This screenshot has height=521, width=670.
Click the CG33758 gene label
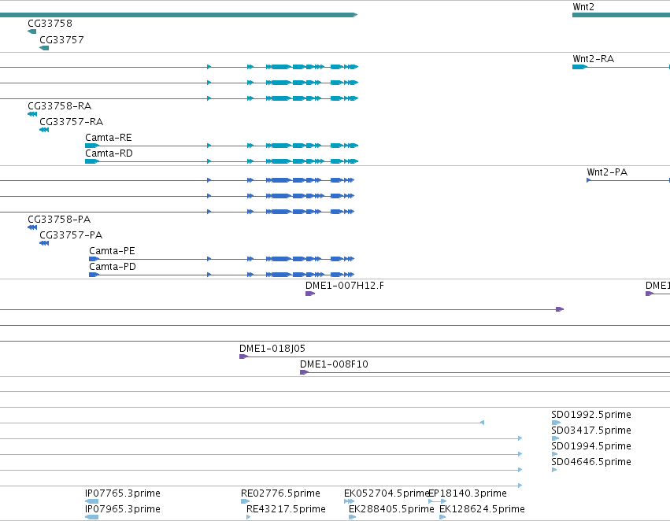50,24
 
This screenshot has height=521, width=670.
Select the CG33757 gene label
61,40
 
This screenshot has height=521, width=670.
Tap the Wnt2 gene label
583,7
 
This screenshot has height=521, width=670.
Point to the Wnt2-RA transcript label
593,59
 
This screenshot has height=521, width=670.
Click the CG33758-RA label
59,106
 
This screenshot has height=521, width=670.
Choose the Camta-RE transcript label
109,138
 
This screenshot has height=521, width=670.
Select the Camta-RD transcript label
109,153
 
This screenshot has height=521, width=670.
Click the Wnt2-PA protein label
607,172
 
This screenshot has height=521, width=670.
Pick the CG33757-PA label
71,235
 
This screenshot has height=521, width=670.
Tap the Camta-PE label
112,251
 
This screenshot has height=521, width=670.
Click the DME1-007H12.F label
344,286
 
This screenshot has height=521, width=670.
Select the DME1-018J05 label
272,349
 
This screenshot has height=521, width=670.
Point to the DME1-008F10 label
334,364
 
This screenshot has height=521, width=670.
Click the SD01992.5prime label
591,415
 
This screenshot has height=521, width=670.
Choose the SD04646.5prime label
591,462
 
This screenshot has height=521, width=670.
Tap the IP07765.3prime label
123,493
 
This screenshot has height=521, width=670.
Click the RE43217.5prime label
286,509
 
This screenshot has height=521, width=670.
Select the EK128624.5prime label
482,509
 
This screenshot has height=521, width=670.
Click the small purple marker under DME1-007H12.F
310,294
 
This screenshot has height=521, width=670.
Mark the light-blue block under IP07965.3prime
91,517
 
